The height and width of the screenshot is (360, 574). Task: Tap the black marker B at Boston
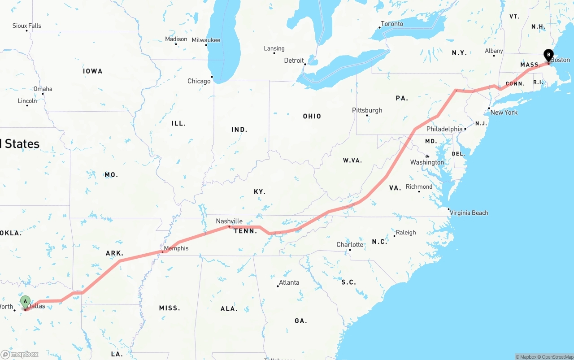click(x=548, y=55)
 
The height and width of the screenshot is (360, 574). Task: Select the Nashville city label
click(x=229, y=221)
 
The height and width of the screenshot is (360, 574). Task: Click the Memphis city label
click(x=176, y=248)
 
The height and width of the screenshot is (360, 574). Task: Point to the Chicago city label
click(x=199, y=81)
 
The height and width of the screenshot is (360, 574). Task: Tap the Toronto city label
click(x=392, y=24)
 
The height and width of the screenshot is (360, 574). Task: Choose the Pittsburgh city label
click(x=367, y=110)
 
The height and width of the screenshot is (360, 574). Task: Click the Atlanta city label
click(x=289, y=282)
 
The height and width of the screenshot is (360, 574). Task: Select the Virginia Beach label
click(x=469, y=213)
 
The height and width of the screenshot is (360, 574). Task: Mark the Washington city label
click(x=427, y=162)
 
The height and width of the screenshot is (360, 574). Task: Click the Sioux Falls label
click(x=27, y=26)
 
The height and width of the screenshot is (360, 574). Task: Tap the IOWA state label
click(x=93, y=71)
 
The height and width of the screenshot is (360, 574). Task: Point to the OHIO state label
click(x=312, y=116)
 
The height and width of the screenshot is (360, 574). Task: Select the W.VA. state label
click(x=352, y=160)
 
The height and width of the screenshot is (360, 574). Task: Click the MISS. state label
click(x=170, y=308)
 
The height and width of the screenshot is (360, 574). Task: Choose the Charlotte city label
click(x=350, y=244)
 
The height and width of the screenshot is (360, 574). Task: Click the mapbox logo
click(x=20, y=354)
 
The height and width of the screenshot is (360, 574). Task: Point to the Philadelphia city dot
click(x=465, y=129)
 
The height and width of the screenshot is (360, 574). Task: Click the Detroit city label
click(x=294, y=61)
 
